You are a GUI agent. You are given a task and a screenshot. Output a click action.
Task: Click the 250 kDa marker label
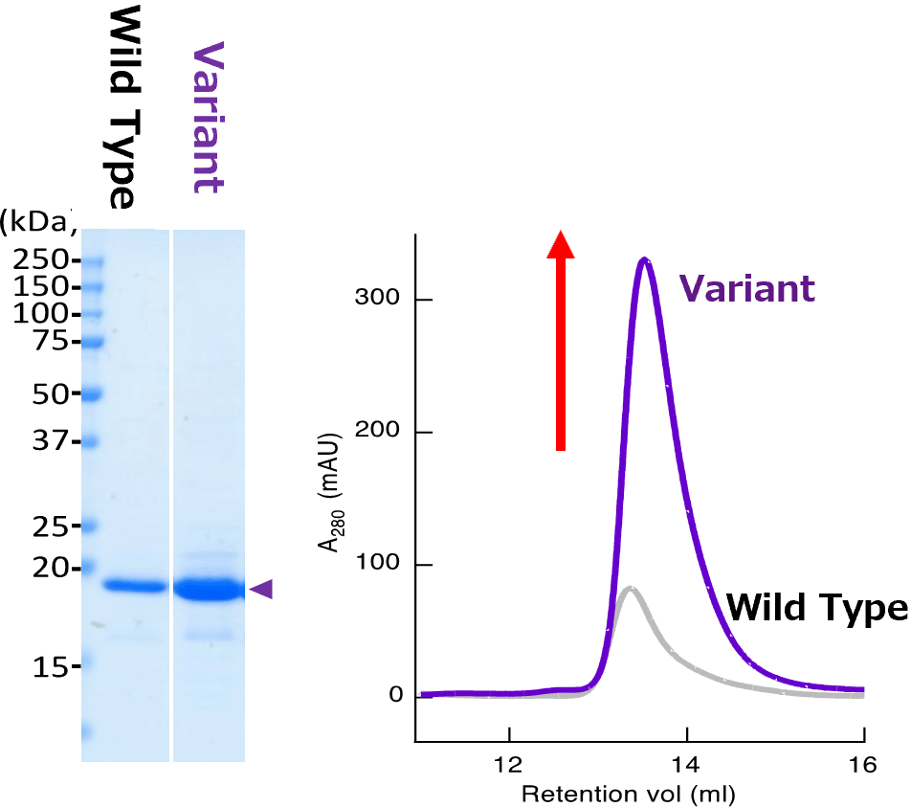(x=43, y=260)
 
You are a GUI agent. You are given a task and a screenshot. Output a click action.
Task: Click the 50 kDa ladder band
(x=91, y=393)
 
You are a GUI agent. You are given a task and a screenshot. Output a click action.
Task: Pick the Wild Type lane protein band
(x=134, y=586)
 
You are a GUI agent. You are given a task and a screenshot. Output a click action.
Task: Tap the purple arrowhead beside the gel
(x=261, y=590)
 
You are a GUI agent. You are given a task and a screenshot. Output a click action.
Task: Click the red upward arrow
(x=561, y=340)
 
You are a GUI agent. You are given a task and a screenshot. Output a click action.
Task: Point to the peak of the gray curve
(x=628, y=588)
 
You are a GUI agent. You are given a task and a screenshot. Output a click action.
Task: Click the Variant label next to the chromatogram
(x=747, y=288)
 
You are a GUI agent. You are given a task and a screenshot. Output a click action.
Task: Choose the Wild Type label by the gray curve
(x=815, y=607)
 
